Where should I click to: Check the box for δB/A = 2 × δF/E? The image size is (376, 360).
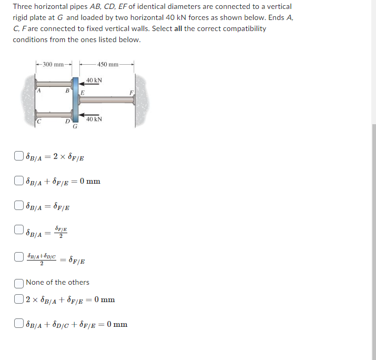(x=19, y=156)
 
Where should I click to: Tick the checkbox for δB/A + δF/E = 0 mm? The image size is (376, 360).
(x=19, y=182)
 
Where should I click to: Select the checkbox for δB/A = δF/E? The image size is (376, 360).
(x=19, y=205)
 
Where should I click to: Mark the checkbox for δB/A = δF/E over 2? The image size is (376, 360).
(x=19, y=230)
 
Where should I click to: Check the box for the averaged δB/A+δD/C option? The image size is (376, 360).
(x=19, y=259)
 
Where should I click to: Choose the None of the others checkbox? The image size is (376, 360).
(x=19, y=283)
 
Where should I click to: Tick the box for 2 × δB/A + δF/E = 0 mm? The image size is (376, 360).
(x=19, y=300)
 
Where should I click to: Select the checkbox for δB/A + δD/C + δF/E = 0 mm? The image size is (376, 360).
(x=19, y=324)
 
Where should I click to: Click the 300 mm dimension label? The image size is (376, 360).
(x=54, y=65)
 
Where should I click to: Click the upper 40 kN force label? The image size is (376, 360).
(x=94, y=80)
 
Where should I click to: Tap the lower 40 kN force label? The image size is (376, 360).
(x=94, y=119)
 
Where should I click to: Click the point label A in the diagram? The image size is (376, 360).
(x=38, y=90)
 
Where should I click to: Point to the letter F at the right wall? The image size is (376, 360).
(x=131, y=93)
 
